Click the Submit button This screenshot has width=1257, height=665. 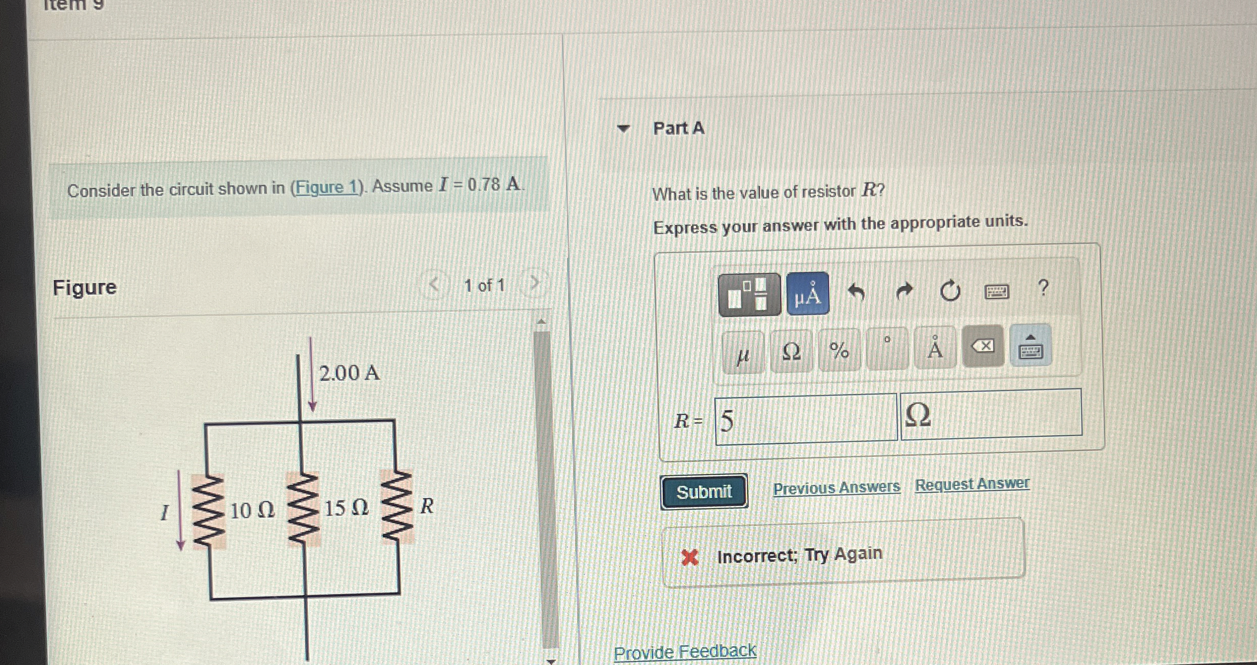click(704, 491)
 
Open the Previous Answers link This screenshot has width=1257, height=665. click(836, 488)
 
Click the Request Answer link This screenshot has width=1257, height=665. click(972, 484)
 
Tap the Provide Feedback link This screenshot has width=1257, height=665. click(684, 652)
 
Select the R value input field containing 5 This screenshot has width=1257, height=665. click(805, 420)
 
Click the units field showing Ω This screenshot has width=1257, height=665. click(990, 413)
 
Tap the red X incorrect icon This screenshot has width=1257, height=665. click(689, 558)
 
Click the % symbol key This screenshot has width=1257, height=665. click(839, 350)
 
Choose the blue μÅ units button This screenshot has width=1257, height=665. click(807, 294)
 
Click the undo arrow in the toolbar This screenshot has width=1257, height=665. click(856, 292)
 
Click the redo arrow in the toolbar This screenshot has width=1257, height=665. click(903, 291)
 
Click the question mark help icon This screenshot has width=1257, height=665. click(1043, 287)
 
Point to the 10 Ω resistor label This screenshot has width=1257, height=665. click(252, 510)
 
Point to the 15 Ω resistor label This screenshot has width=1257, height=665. click(346, 508)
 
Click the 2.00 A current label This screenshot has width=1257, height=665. click(349, 373)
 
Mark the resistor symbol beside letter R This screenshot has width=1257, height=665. click(397, 507)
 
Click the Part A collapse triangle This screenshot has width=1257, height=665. click(623, 128)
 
